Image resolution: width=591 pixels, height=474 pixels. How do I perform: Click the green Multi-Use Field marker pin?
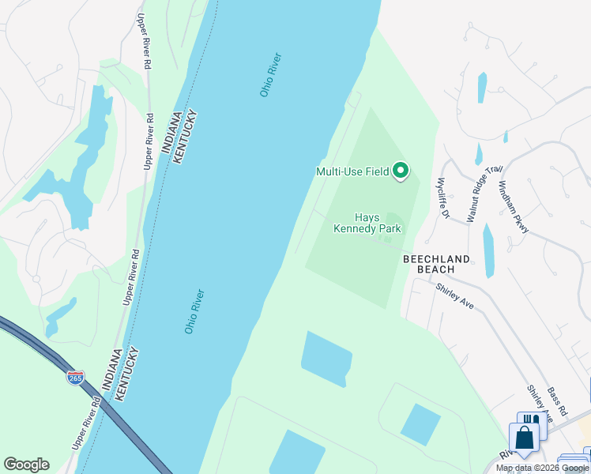click(401, 171)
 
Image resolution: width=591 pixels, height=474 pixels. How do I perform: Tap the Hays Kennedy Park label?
click(367, 224)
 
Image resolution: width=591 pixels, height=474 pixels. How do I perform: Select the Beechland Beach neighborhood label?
click(436, 264)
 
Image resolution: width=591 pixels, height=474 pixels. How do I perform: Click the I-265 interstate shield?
click(76, 378)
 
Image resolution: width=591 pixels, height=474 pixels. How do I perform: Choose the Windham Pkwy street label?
click(513, 207)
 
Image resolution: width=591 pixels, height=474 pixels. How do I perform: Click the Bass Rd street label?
click(557, 402)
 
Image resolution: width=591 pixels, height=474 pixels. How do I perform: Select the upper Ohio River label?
click(270, 75)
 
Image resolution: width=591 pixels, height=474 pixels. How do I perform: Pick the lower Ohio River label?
click(195, 311)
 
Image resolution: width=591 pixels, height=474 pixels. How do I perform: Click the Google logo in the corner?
click(26, 465)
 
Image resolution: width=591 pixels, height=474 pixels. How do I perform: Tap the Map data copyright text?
click(543, 468)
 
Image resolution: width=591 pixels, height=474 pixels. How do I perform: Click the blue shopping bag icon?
click(523, 437)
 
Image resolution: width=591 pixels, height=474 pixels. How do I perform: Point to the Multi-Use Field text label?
click(352, 171)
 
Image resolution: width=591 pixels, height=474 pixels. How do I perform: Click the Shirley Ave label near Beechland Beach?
click(454, 296)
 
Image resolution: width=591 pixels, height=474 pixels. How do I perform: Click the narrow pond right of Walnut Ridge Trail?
click(488, 250)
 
